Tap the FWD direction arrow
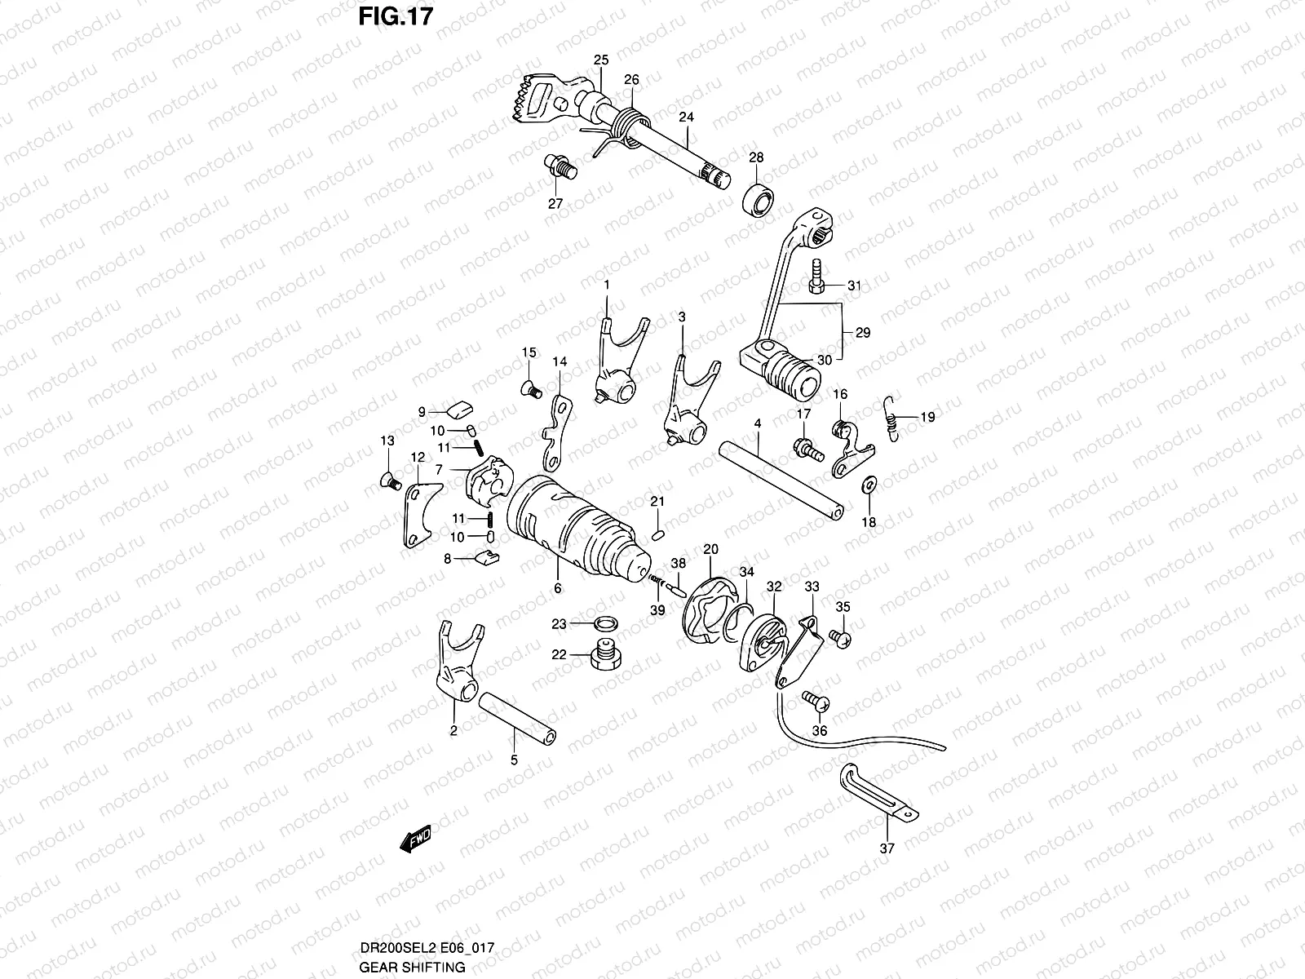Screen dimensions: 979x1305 416,839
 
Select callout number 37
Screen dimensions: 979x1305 887,848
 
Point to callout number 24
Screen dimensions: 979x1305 686,117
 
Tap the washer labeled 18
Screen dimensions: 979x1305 869,485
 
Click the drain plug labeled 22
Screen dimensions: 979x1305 604,655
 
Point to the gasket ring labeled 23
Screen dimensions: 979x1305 604,625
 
